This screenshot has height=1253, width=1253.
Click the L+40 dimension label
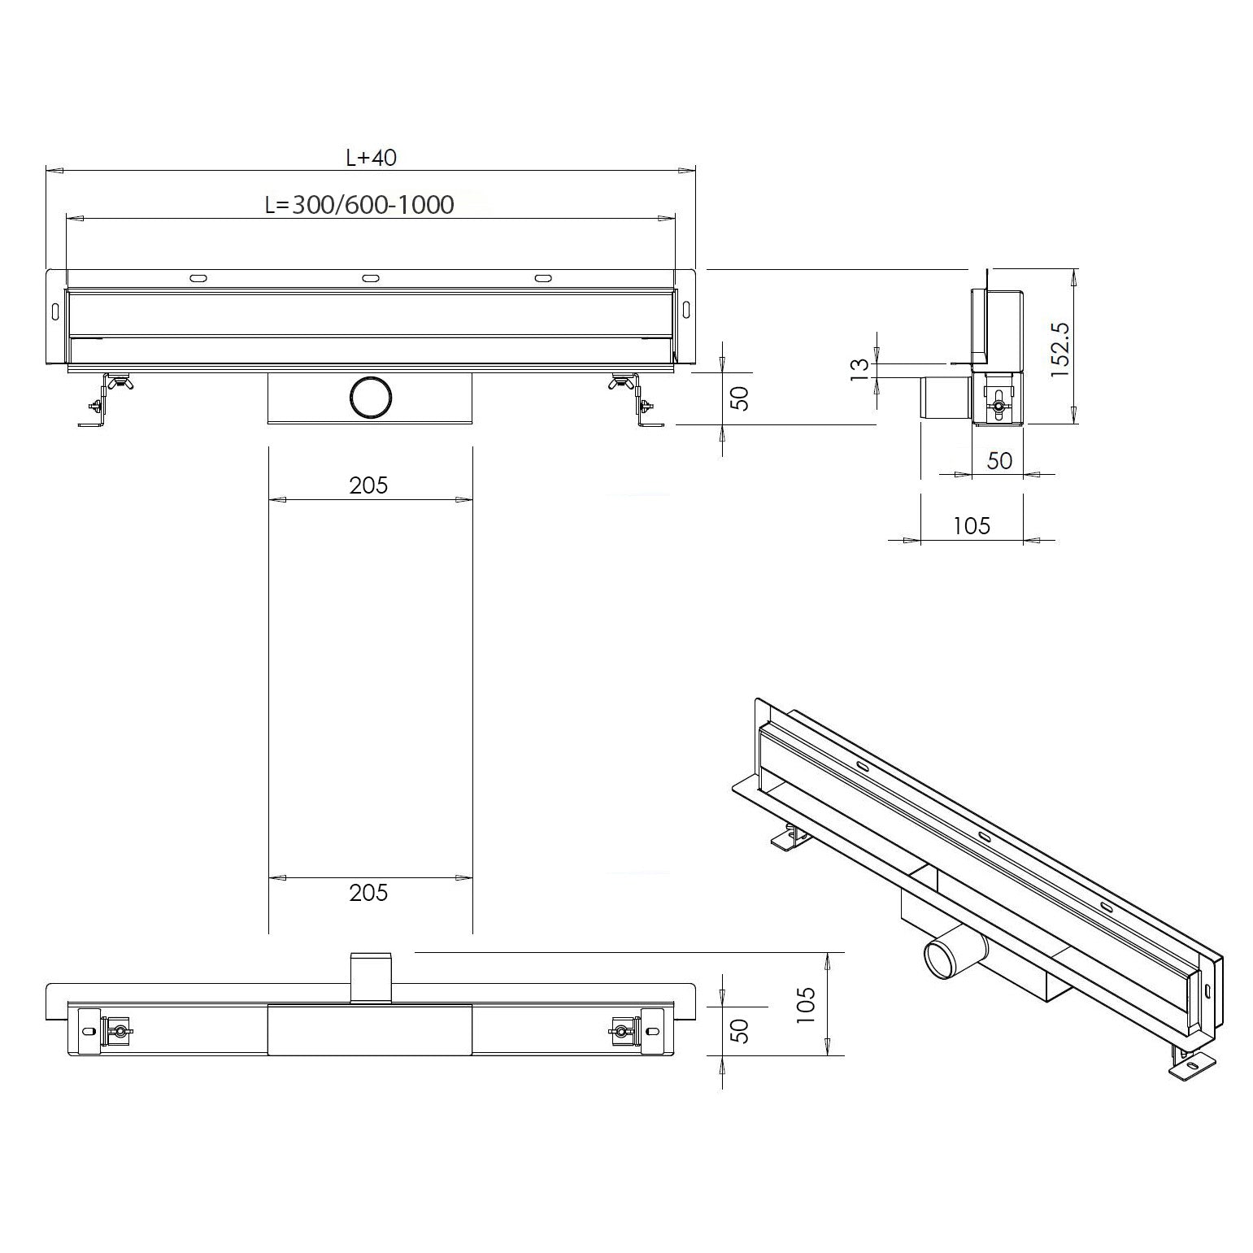(x=371, y=157)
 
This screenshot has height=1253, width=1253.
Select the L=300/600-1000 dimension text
(x=359, y=204)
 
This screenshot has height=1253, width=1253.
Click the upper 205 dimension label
(x=368, y=485)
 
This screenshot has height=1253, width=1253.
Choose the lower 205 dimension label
(x=368, y=893)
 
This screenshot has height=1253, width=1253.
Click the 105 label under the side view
(x=971, y=526)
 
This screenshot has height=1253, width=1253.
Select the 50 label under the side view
(x=998, y=460)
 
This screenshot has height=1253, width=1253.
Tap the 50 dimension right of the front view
(x=739, y=398)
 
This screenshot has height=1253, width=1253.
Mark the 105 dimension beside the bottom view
(x=806, y=1005)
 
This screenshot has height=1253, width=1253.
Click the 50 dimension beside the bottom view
(x=739, y=1031)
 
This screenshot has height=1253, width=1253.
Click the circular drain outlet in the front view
(x=371, y=398)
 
